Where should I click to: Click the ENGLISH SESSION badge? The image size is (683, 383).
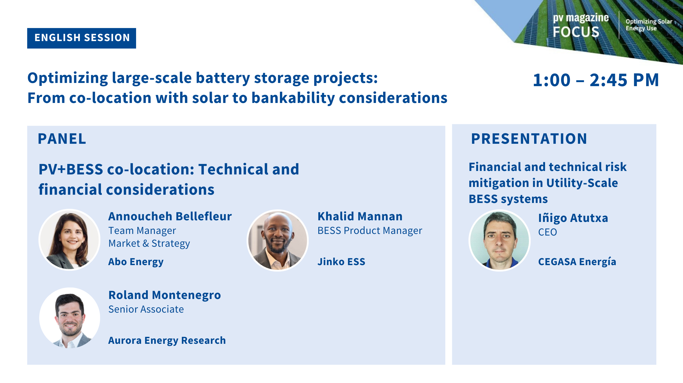tap(82, 38)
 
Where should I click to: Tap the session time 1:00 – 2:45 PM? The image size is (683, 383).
tap(596, 80)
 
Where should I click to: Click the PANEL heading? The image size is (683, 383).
tap(62, 139)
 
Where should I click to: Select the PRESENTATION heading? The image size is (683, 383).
tap(529, 139)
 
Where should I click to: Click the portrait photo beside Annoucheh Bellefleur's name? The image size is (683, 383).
tap(69, 240)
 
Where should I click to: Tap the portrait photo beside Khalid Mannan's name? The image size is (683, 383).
tap(277, 240)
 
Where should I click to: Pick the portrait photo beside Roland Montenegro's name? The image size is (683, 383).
tap(70, 318)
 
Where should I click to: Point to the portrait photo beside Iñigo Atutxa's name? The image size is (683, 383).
tap(500, 240)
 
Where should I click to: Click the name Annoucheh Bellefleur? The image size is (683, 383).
tap(170, 216)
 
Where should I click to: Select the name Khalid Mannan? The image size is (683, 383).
tap(360, 216)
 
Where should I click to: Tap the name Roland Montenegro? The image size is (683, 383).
tap(165, 295)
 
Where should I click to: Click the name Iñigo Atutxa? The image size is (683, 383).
tap(573, 218)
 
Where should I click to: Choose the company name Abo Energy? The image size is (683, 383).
tap(136, 262)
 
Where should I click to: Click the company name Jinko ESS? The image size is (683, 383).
tap(341, 262)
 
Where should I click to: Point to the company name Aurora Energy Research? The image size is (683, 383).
tap(167, 341)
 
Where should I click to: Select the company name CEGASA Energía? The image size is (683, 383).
tap(577, 262)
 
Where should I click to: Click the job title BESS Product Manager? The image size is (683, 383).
tap(370, 231)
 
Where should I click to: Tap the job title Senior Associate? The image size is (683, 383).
tap(146, 309)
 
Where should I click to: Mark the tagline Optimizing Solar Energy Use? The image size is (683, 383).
tap(649, 25)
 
